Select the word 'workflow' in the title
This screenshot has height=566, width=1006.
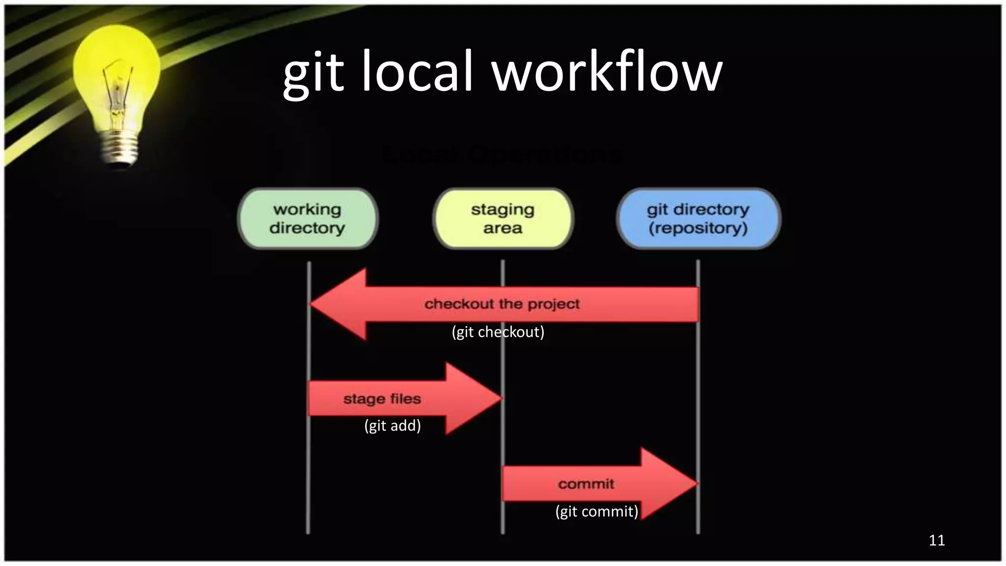[607, 71]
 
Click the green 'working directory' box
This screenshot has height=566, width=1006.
[307, 219]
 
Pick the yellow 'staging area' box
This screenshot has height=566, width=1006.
[503, 219]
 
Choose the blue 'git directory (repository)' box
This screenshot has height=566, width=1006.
[698, 219]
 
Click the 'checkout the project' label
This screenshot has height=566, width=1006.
[502, 304]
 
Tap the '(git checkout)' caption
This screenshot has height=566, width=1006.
[498, 332]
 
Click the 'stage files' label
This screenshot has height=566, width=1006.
[382, 398]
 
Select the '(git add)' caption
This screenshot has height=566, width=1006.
[392, 425]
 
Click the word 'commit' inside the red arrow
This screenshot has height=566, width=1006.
[586, 484]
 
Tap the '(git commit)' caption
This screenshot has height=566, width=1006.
[597, 511]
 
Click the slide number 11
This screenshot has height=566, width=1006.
[937, 540]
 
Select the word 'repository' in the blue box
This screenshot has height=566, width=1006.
[698, 228]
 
